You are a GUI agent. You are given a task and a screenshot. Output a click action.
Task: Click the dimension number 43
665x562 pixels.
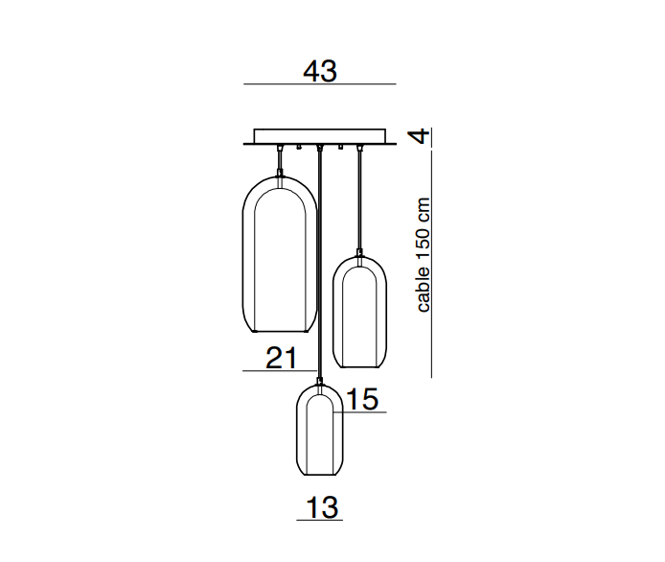(320, 70)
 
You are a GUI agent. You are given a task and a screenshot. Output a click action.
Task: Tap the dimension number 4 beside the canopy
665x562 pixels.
(419, 136)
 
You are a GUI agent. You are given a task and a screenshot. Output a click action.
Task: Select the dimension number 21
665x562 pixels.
(281, 358)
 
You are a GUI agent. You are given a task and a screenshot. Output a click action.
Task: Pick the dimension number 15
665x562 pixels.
(362, 399)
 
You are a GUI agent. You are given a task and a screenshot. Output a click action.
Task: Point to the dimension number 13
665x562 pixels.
(322, 507)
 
